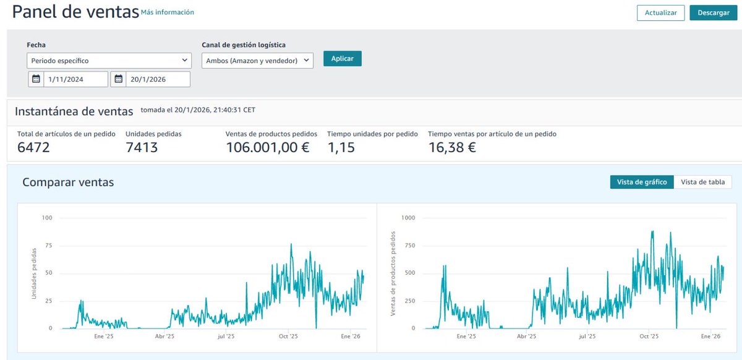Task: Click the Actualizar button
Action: tap(660, 13)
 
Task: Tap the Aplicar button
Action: tap(342, 58)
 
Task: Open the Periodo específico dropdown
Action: tap(109, 61)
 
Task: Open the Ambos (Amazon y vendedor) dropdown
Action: tap(257, 61)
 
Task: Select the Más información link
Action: tap(167, 12)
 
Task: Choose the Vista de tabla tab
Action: tap(702, 182)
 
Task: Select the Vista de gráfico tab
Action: tap(642, 182)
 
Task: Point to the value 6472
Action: tap(33, 147)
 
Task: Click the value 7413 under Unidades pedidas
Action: tap(142, 147)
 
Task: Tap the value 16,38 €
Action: tap(451, 147)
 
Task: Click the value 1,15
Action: tap(341, 147)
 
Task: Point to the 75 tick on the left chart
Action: tap(48, 246)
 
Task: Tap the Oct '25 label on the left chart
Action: tap(288, 336)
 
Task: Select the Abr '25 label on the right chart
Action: tap(526, 336)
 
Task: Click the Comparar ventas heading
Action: tap(68, 182)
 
